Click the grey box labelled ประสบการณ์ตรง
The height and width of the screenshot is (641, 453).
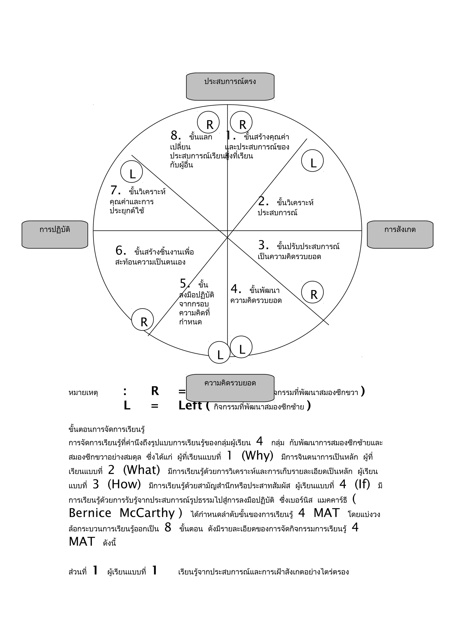(x=230, y=86)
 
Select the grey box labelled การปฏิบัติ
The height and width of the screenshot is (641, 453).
(x=55, y=234)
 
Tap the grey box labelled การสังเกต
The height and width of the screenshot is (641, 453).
(x=400, y=234)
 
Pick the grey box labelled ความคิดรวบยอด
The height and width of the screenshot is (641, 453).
(x=230, y=388)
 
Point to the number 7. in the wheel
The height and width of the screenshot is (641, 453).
(x=115, y=190)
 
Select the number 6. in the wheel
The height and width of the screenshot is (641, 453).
(x=121, y=251)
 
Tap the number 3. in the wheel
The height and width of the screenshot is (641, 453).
(x=263, y=245)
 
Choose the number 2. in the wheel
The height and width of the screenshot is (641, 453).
(x=263, y=201)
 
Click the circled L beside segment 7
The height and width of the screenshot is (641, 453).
(x=131, y=172)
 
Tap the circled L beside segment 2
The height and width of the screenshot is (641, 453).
(x=312, y=161)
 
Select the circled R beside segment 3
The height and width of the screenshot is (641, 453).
(x=312, y=292)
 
